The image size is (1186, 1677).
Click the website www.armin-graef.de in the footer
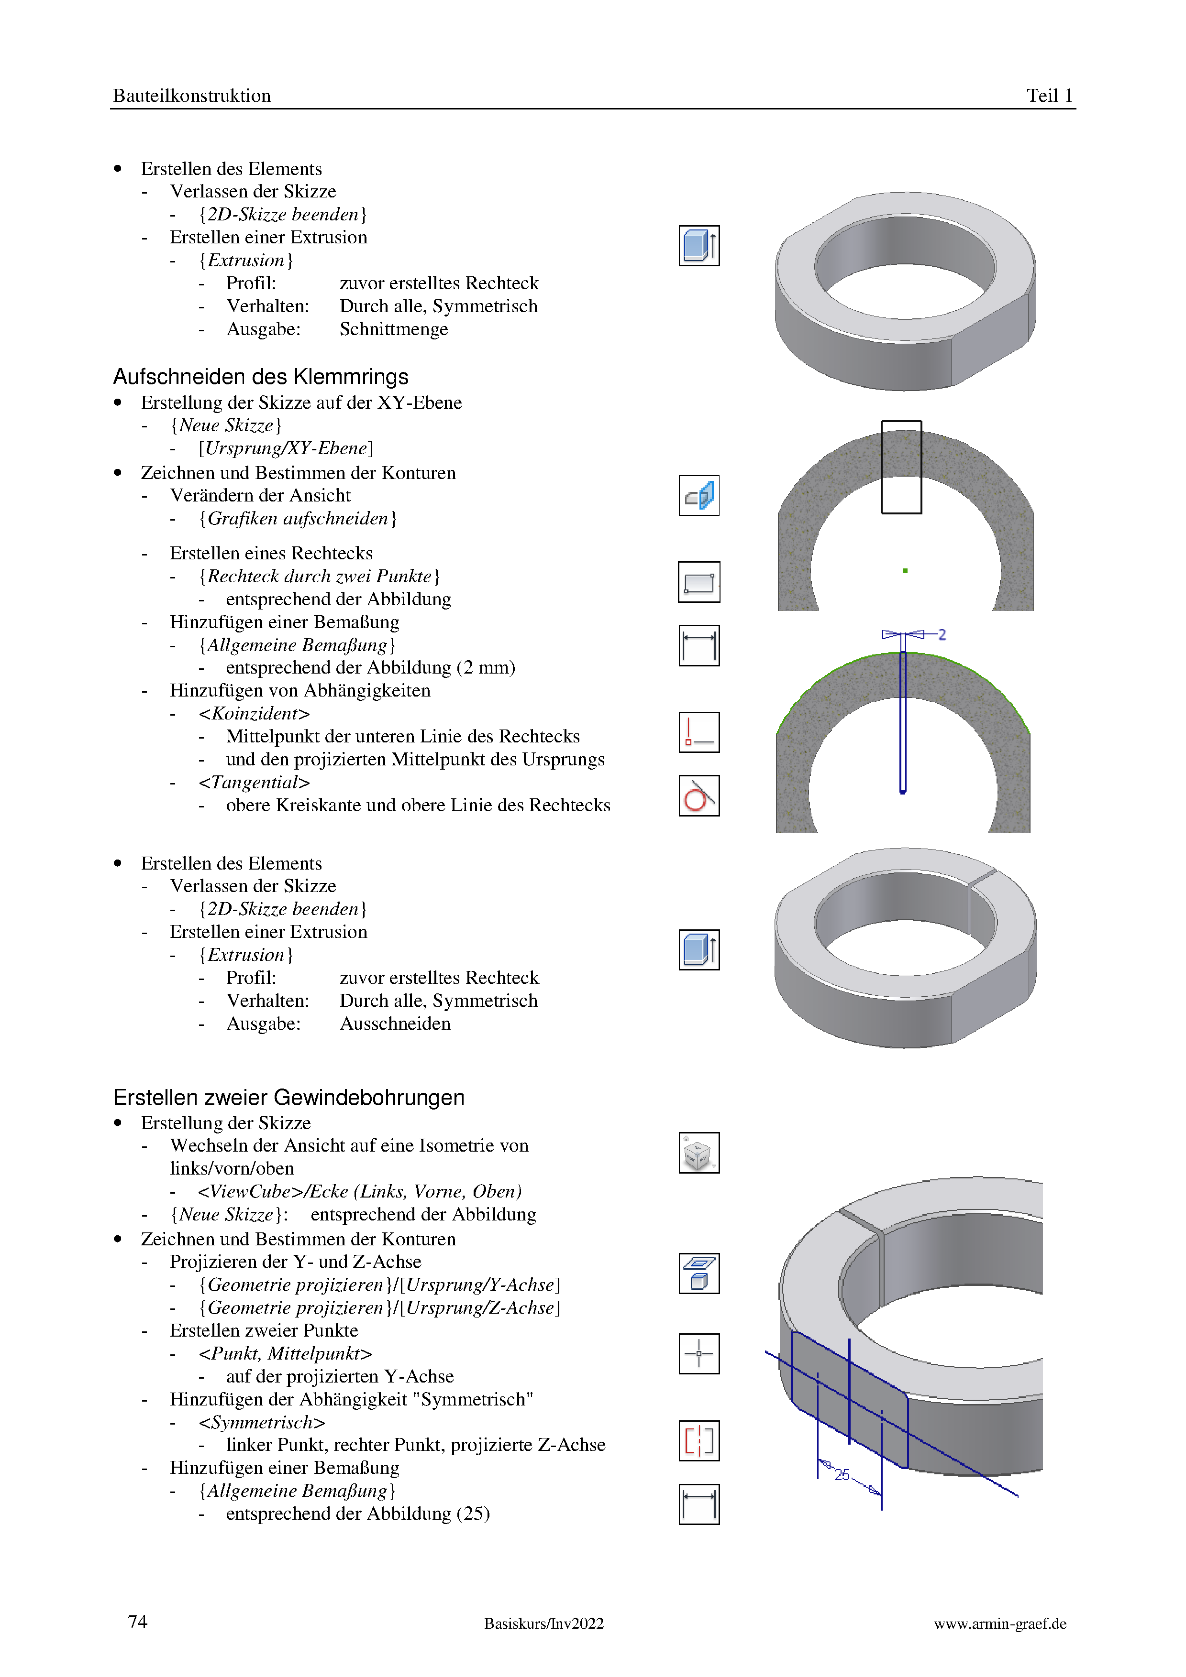(x=1000, y=1623)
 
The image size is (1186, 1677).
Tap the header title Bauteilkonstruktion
(x=191, y=96)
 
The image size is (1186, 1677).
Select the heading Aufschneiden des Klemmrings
(x=260, y=377)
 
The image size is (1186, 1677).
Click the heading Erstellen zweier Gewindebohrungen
(x=288, y=1097)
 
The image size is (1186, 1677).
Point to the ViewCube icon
(x=698, y=1153)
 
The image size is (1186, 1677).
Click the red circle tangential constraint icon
(x=698, y=795)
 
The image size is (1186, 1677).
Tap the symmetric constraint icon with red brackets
(x=698, y=1440)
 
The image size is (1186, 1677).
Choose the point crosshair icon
(x=698, y=1353)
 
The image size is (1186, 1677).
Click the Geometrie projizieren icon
(x=698, y=1273)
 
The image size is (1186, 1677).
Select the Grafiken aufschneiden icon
(x=698, y=495)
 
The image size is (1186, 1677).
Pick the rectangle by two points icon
(x=698, y=582)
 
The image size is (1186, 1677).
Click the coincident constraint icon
(x=698, y=732)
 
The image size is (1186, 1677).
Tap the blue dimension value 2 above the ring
(x=942, y=635)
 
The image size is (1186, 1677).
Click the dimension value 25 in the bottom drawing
(x=842, y=1475)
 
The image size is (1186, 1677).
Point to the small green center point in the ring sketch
(x=905, y=570)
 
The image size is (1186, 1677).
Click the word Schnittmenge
(x=394, y=329)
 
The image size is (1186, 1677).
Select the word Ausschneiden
(x=395, y=1024)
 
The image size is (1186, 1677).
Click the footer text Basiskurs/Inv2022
(x=543, y=1623)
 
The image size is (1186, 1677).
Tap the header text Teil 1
(x=1049, y=96)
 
